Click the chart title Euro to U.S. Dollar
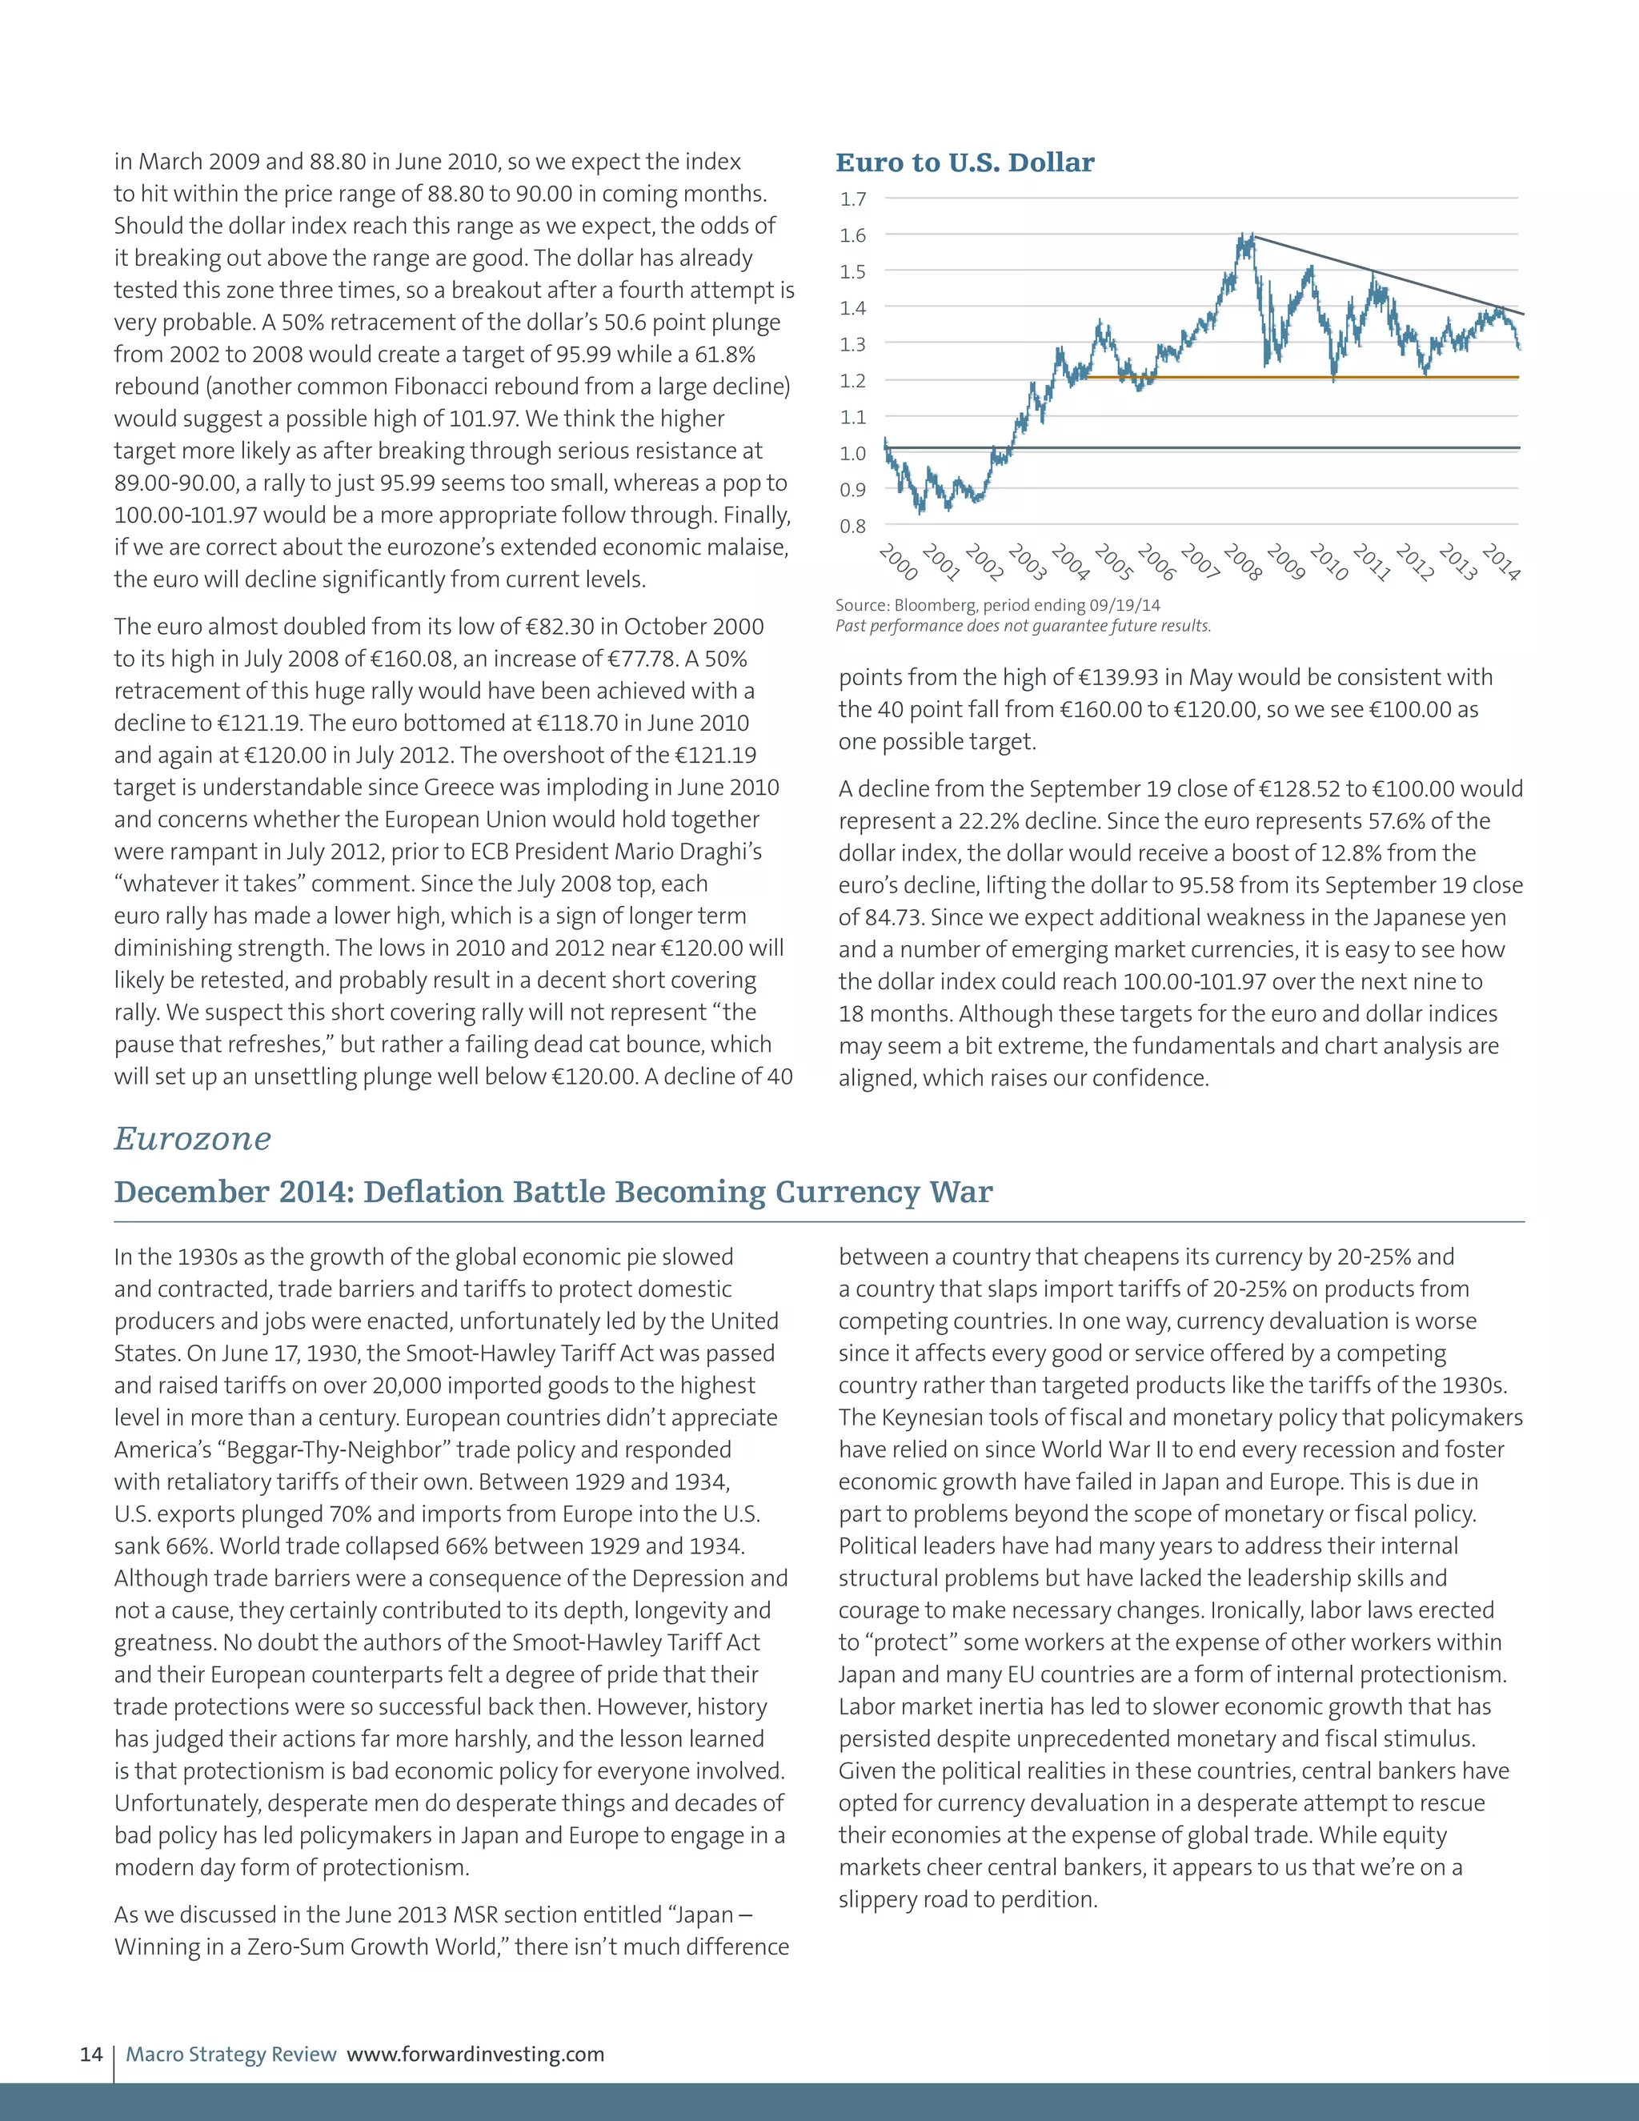(964, 162)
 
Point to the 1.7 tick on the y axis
(852, 199)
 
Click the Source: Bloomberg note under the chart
(997, 605)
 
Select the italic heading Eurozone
(192, 1138)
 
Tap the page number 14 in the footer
(90, 2054)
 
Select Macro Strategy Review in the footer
(231, 2054)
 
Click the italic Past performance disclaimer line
(1024, 625)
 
